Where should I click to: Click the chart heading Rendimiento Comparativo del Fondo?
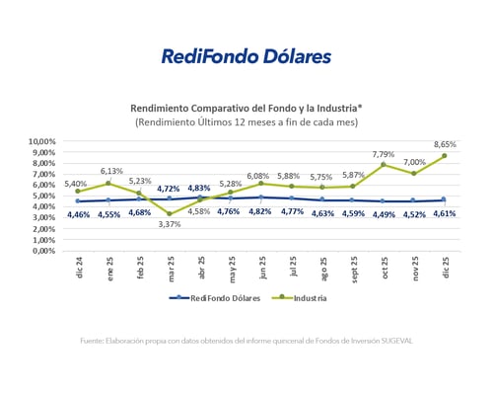coord(246,107)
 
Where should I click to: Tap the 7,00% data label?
coord(415,162)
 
